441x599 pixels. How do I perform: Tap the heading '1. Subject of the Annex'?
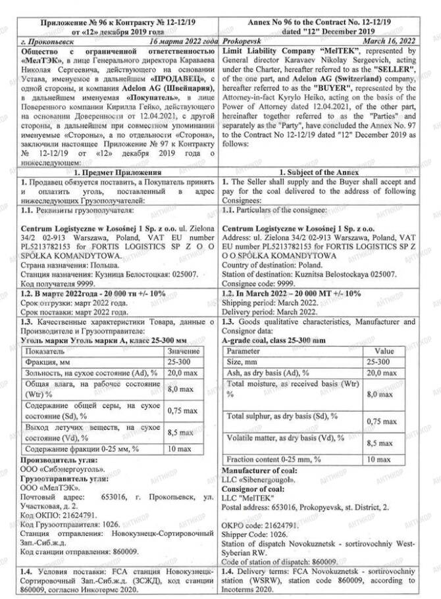click(x=327, y=172)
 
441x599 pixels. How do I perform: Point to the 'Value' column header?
click(x=384, y=351)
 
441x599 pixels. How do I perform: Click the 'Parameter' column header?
click(x=244, y=351)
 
